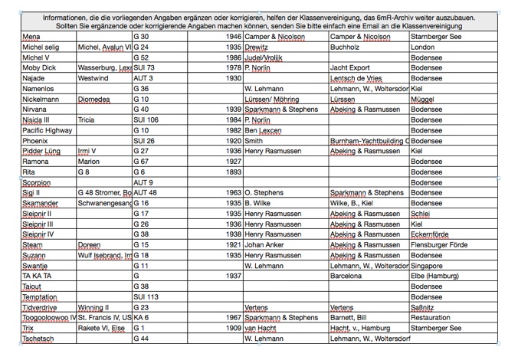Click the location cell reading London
[x=422, y=47]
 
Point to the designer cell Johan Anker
[x=265, y=244]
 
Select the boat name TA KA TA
[x=37, y=275]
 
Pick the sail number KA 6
[x=141, y=317]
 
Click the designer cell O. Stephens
[x=264, y=192]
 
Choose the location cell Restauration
[x=431, y=317]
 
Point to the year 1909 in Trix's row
[x=233, y=327]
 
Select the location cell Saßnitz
[x=423, y=306]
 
